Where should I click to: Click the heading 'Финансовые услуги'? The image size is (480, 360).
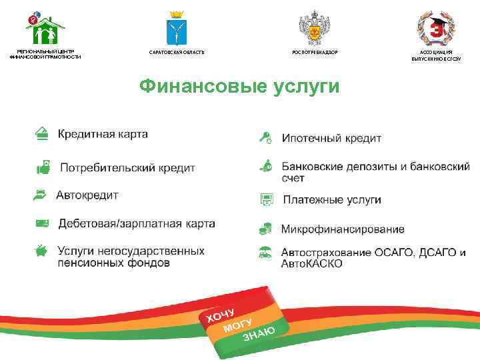[x=239, y=87]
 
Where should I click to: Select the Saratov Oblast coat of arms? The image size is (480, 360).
[x=176, y=29]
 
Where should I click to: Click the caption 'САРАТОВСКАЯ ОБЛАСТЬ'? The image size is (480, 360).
[x=177, y=52]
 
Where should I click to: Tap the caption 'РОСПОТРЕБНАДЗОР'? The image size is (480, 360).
[x=315, y=52]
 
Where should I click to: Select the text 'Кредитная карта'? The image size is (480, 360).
[x=103, y=134]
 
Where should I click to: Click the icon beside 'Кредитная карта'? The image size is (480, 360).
[x=42, y=133]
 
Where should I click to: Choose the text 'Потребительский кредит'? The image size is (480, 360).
[x=127, y=167]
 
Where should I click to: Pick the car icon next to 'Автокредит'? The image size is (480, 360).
[x=41, y=195]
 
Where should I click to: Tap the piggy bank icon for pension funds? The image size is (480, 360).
[x=41, y=251]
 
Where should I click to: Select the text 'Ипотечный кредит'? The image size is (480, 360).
[x=331, y=139]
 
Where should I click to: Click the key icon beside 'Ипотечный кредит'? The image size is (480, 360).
[x=265, y=138]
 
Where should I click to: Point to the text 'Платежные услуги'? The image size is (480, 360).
[x=331, y=199]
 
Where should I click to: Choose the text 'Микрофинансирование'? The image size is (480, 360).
[x=342, y=229]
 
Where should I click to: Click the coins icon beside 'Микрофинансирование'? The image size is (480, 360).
[x=265, y=229]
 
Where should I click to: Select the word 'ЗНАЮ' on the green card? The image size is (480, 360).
[x=259, y=333]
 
